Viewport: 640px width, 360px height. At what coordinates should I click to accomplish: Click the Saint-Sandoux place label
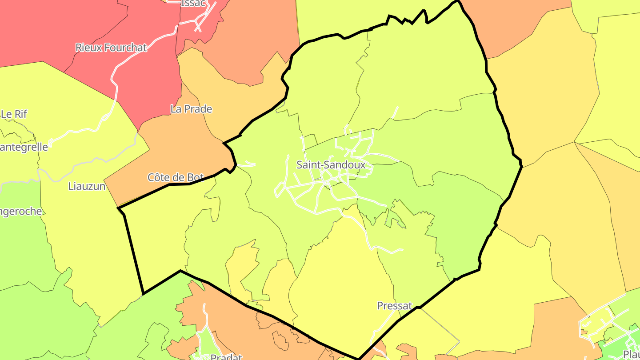331,165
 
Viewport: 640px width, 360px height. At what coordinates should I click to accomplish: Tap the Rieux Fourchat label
111,48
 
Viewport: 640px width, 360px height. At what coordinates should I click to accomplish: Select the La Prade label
191,109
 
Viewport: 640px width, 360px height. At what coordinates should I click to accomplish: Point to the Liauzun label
87,186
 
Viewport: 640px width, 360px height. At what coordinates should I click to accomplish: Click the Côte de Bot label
176,177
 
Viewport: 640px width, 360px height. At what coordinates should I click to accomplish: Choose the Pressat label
394,306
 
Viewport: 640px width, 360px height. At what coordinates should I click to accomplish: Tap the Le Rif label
14,114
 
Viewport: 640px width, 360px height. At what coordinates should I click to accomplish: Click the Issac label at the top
193,4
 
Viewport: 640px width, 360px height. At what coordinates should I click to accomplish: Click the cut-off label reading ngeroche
21,211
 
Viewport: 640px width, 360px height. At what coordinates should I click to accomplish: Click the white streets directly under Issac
202,20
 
